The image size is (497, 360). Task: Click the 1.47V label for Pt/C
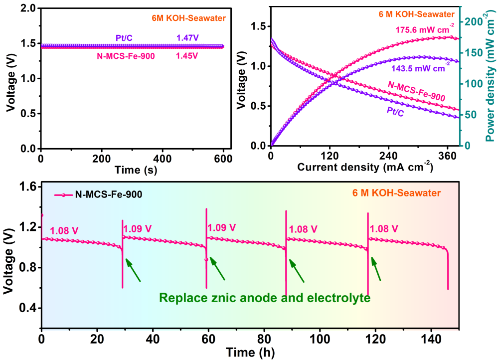tap(187, 37)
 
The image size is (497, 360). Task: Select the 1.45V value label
tap(187, 56)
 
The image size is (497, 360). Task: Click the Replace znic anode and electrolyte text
tap(265, 298)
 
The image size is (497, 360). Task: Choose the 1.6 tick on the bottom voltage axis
tap(27, 187)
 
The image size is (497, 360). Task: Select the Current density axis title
tap(364, 167)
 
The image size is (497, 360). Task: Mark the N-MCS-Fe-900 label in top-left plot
tap(126, 56)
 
